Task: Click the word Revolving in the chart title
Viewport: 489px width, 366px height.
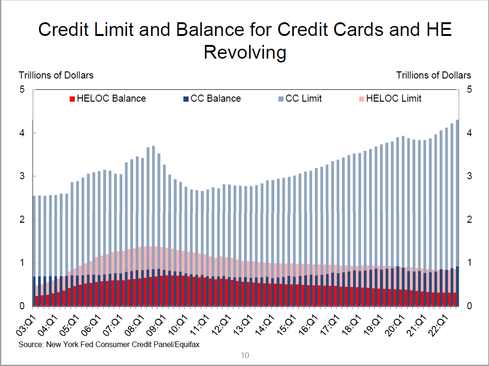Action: click(244, 52)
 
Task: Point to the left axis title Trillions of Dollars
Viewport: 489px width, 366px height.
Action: click(56, 75)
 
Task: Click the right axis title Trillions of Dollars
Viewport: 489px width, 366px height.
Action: click(433, 75)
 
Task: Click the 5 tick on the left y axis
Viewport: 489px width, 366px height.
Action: click(22, 89)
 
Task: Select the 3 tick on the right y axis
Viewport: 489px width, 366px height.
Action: click(469, 176)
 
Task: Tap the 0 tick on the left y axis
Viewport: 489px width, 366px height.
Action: click(22, 306)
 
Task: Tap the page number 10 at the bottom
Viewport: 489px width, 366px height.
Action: click(244, 355)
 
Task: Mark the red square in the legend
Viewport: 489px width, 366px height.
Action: click(72, 99)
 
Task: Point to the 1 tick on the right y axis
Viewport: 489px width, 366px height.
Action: click(469, 263)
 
